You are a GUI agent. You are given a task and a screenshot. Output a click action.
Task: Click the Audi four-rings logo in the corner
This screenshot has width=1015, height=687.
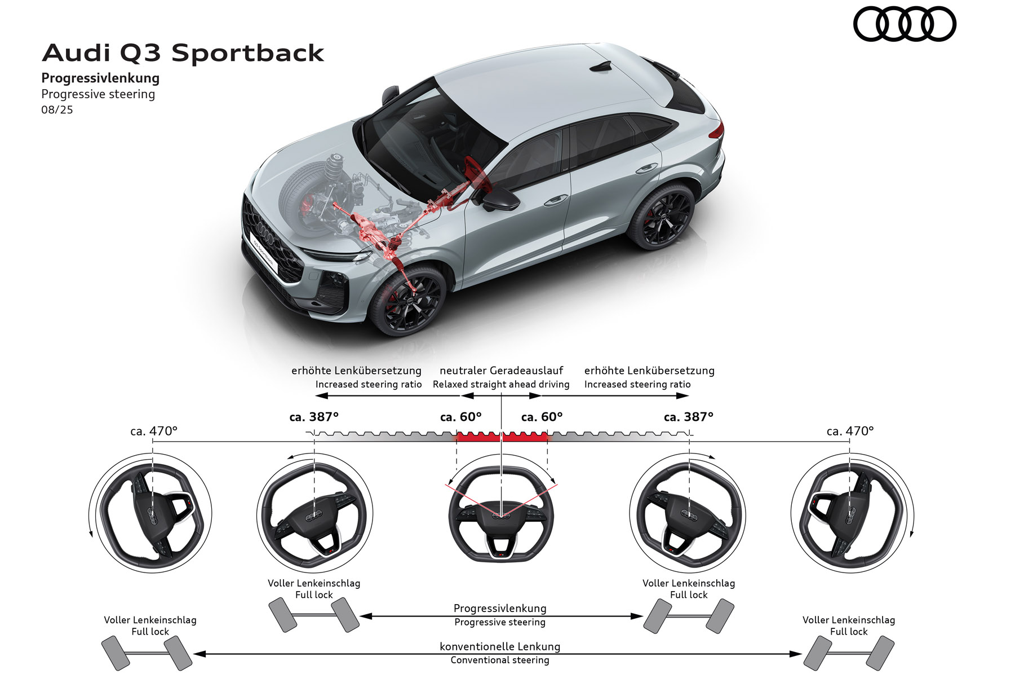pos(904,24)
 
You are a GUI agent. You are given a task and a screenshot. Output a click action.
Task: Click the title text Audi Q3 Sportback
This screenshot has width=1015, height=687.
pos(183,53)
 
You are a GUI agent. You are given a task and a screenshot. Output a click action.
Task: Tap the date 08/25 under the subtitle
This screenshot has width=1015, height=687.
pos(57,110)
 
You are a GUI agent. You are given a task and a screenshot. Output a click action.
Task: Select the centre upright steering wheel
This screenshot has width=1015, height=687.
pos(501,514)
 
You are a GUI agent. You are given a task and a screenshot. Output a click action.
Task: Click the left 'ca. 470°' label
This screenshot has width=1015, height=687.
pos(154,431)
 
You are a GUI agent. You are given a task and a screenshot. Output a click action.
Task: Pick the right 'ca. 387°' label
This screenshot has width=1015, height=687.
pos(688,417)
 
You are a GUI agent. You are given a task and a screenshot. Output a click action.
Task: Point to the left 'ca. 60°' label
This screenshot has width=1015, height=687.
pos(460,417)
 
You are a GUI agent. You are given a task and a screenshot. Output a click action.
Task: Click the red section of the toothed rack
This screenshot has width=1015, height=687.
pos(501,437)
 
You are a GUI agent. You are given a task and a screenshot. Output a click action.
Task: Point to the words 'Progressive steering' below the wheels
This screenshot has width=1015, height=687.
pos(500,623)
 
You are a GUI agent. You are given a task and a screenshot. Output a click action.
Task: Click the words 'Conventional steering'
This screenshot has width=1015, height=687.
pos(500,660)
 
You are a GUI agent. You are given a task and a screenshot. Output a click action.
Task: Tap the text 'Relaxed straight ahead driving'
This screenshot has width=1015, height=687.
pos(501,385)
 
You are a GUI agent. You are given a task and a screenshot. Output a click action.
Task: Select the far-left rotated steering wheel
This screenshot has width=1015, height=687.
pos(151,513)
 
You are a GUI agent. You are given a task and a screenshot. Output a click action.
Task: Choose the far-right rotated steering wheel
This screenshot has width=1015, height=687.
pos(850,513)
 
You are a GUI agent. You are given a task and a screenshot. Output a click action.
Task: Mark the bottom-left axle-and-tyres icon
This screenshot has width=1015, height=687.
pos(147,653)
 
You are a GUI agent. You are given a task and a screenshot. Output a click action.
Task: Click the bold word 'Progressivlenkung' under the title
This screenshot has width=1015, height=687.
pos(100,78)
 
